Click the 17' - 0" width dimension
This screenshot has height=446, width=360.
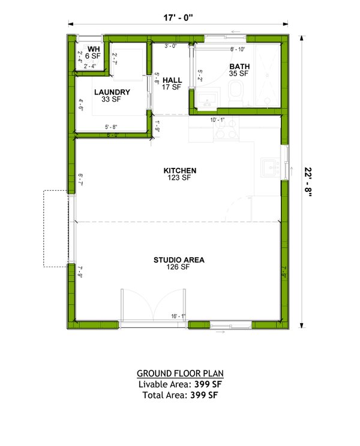179,17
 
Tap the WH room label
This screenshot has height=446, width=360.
94,49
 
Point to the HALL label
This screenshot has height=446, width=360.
172,80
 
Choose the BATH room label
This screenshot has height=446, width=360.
238,67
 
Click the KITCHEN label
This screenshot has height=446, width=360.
180,171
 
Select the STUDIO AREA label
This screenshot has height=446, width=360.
179,260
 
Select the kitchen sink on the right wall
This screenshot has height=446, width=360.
271,165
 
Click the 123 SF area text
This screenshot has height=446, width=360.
180,178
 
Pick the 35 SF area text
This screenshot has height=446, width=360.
238,74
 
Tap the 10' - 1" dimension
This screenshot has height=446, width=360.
218,120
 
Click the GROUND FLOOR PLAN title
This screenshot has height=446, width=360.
180,373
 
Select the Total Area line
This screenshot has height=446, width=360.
180,396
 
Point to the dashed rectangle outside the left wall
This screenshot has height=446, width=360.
56,228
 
